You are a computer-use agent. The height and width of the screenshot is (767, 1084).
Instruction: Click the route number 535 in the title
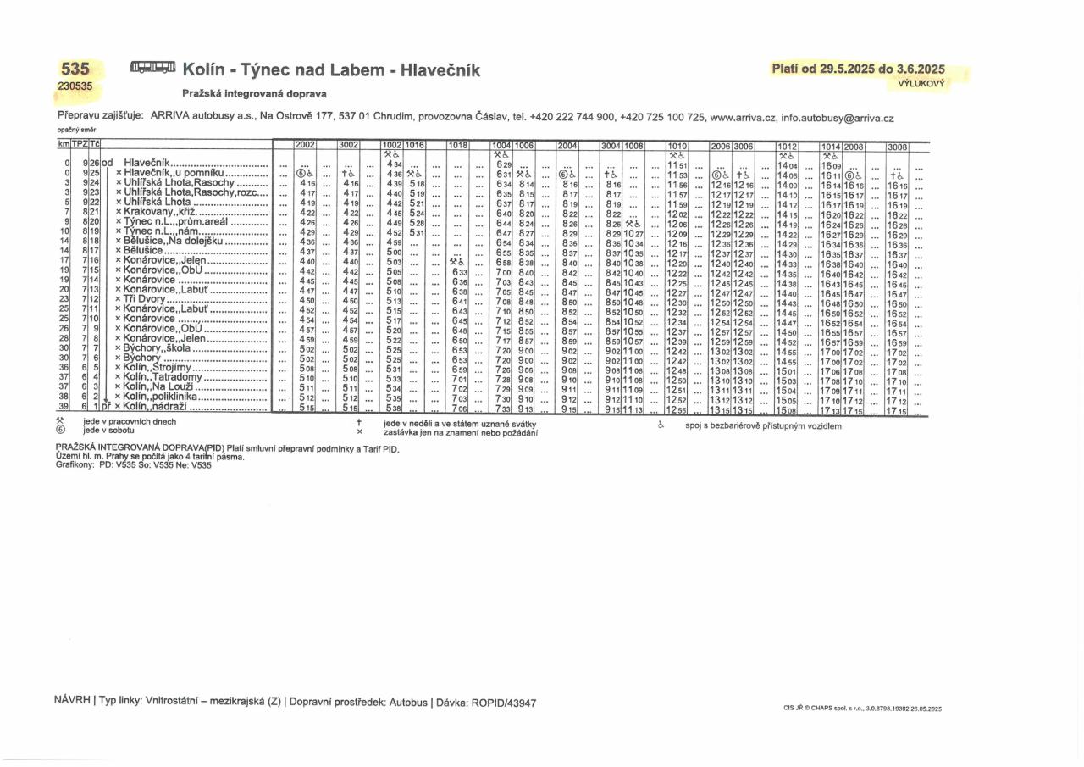(x=75, y=69)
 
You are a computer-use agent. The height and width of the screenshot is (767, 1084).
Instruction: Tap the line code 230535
(x=75, y=86)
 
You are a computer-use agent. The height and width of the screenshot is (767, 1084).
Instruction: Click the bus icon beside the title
(x=153, y=67)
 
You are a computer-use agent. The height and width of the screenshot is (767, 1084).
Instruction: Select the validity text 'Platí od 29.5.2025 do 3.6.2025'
(x=858, y=69)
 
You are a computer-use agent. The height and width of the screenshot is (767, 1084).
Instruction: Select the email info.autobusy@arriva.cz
(x=838, y=119)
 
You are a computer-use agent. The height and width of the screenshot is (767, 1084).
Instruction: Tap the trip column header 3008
(x=897, y=147)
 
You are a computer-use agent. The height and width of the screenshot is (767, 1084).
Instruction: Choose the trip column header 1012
(x=788, y=147)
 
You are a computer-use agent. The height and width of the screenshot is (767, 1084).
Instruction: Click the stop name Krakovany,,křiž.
(x=160, y=211)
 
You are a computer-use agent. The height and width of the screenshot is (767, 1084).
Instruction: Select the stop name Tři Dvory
(x=145, y=299)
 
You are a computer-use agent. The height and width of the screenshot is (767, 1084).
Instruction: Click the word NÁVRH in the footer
(x=73, y=703)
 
